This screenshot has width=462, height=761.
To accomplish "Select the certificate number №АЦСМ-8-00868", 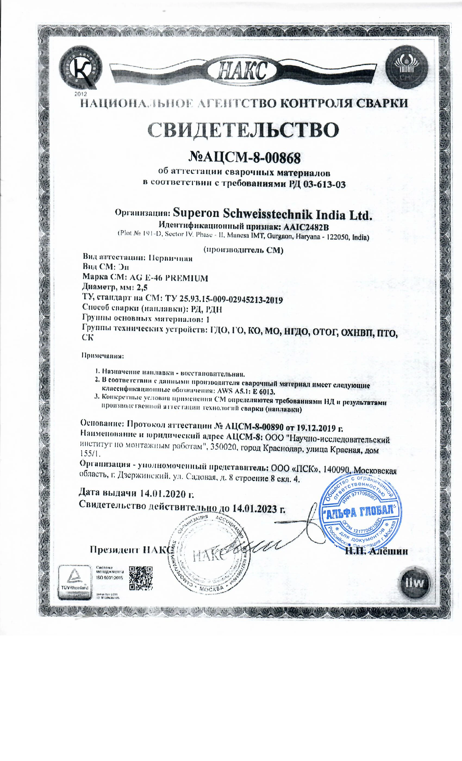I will [244, 158].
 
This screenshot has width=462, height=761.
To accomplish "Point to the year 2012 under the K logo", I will [81, 93].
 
